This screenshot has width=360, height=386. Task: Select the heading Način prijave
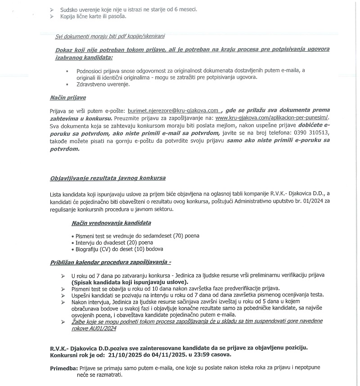click(67, 98)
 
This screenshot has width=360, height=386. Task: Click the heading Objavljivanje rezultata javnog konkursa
click(108, 179)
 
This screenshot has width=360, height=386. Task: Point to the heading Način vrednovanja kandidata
click(111, 223)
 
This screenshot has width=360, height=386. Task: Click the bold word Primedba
click(63, 368)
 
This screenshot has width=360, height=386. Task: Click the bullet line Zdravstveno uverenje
click(103, 84)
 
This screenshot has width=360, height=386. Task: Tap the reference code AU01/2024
click(103, 328)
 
